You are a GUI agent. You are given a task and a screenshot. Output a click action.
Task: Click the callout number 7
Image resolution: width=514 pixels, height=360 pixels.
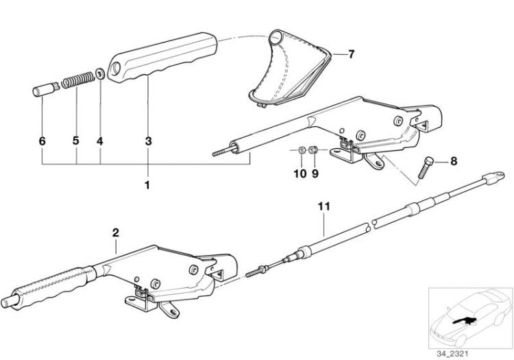pos(351,54)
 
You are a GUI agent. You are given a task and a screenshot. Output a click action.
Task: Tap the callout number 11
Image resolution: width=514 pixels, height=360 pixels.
pos(324,206)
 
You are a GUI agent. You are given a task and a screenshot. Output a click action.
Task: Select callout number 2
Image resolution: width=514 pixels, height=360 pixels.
pos(115,232)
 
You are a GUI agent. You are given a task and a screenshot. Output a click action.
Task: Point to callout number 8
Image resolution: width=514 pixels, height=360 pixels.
pos(454,161)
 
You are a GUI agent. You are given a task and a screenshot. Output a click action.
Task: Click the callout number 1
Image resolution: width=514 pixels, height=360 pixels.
pos(147,185)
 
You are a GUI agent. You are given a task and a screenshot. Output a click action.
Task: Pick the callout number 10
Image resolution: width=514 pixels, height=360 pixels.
pos(300,173)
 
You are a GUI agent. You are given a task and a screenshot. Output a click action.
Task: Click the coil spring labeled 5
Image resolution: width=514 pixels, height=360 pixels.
pos(78,80)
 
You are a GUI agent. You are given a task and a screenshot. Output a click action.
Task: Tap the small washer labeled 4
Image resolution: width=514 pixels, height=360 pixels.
pos(99,73)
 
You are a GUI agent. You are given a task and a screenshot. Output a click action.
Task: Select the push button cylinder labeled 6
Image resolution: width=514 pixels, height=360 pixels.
pos(45,90)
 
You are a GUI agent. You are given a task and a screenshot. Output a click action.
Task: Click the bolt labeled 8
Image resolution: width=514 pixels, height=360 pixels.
pos(425,167)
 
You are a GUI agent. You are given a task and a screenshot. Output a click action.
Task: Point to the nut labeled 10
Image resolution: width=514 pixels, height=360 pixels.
pos(302,151)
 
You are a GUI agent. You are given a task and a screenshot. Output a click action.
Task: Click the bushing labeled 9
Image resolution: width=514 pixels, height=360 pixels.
pos(314,150)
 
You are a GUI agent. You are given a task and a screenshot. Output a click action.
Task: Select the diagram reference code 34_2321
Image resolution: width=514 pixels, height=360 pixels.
pos(452,354)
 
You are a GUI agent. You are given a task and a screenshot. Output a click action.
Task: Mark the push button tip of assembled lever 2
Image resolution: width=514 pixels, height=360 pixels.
pos(8,302)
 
